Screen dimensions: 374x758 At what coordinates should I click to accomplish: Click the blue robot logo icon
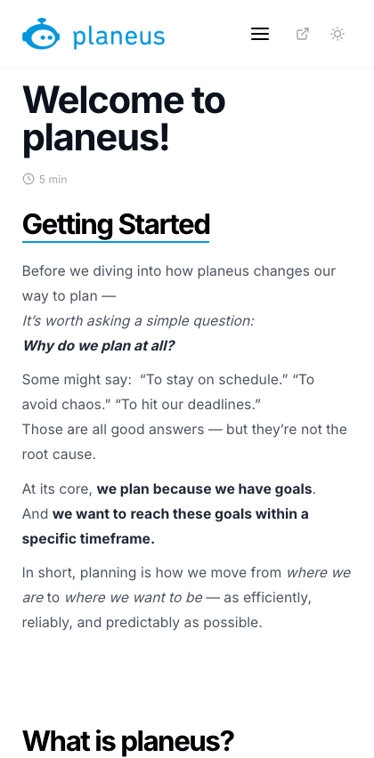click(x=41, y=34)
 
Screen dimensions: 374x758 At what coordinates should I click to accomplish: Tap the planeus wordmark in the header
click(x=119, y=36)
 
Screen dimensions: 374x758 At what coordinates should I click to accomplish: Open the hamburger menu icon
click(x=260, y=34)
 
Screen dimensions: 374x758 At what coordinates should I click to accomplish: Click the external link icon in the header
click(x=303, y=34)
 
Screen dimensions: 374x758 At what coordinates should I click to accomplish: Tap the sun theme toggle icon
click(x=337, y=34)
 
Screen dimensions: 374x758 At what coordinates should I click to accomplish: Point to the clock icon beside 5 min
click(x=28, y=179)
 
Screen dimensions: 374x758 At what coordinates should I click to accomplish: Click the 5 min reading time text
click(x=53, y=180)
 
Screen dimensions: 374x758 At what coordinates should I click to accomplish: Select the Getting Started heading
click(x=116, y=224)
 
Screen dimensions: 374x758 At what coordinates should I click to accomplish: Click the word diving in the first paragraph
click(x=113, y=270)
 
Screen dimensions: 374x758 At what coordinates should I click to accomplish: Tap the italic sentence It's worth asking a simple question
click(x=138, y=320)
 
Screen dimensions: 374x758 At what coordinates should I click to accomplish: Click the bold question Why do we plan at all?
click(x=99, y=346)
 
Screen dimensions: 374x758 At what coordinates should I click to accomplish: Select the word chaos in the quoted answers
click(x=68, y=404)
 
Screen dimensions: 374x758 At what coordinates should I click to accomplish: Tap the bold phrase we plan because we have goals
click(x=205, y=489)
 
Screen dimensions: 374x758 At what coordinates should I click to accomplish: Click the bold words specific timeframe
click(x=88, y=539)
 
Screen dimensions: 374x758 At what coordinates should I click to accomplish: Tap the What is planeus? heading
click(x=128, y=740)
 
